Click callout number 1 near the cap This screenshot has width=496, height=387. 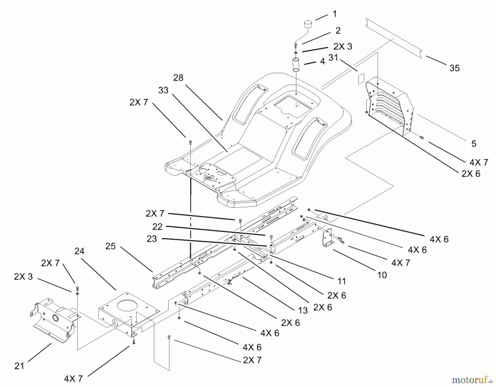coord(335,14)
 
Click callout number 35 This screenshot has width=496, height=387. coord(454,68)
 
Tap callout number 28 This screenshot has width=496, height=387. coord(178,78)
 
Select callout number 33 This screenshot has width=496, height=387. coord(163,90)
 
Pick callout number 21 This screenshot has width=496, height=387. coord(19,366)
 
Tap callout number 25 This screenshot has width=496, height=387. coord(110,246)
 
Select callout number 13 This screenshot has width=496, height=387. coord(303,310)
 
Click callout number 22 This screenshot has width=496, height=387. coord(158,227)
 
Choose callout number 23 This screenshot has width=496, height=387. coord(152,239)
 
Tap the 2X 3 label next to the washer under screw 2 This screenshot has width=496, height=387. coord(343,47)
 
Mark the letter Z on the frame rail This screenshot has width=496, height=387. coord(229,282)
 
